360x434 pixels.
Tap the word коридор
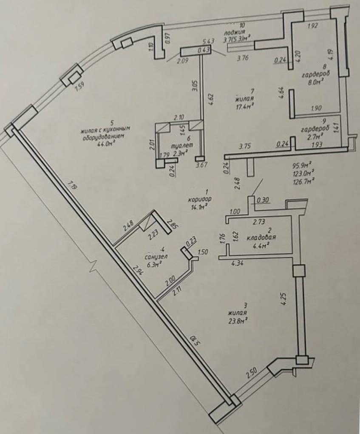click(x=201, y=199)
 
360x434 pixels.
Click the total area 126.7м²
click(x=303, y=180)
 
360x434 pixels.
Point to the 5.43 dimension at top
click(x=207, y=41)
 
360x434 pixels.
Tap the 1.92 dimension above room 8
click(x=312, y=26)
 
